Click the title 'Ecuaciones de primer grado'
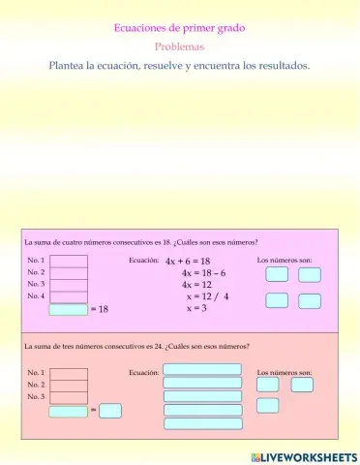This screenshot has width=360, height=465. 179,28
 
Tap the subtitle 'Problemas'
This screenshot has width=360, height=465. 179,46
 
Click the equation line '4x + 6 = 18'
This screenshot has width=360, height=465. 188,262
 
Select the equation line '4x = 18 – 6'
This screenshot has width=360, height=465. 203,273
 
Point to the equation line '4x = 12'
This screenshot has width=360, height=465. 196,285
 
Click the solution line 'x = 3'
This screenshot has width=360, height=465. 196,308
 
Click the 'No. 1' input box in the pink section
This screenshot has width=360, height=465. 68,262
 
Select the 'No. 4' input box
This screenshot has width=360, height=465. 68,296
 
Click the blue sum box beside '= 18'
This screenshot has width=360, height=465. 68,310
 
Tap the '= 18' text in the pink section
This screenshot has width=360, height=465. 99,310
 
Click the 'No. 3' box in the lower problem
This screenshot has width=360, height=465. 68,397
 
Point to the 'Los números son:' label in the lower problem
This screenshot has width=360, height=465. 285,372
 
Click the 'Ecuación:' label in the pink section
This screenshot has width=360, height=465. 143,261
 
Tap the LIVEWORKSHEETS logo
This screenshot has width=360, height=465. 303,455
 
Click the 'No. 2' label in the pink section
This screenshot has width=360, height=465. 36,273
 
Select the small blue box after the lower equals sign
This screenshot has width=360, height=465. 110,411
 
